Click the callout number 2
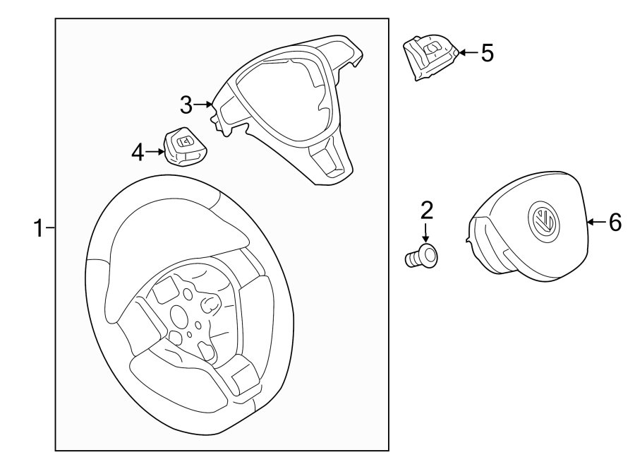point(426,211)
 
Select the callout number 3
point(186,105)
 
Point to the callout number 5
point(486,53)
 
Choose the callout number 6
point(614,223)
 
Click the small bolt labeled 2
point(423,257)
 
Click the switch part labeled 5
point(430,57)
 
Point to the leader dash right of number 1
point(50,228)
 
